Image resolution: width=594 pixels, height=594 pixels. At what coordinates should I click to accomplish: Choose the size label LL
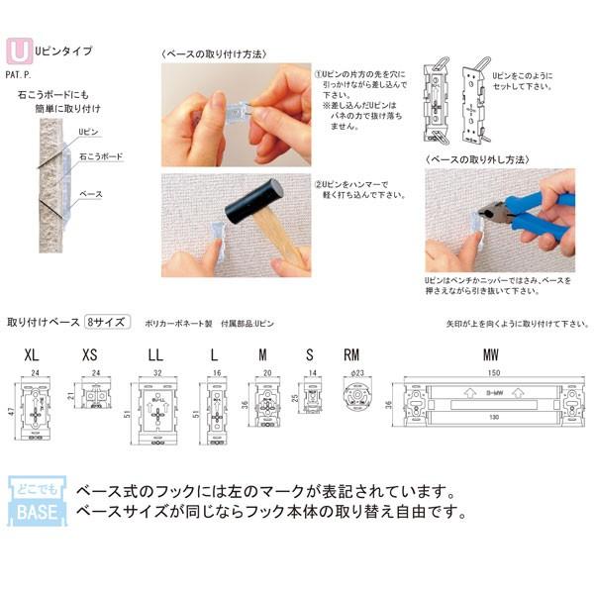(155, 354)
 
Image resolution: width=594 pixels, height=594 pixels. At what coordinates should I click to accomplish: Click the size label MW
(491, 354)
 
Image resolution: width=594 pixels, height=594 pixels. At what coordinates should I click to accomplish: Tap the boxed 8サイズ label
(104, 323)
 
